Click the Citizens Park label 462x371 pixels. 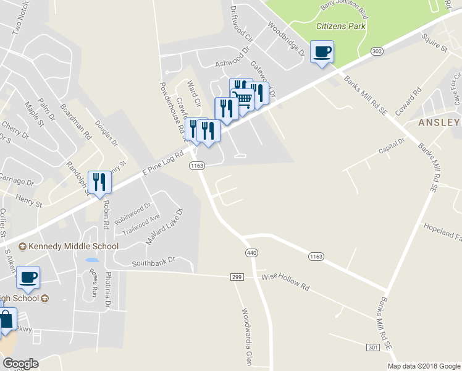pyautogui.click(x=341, y=26)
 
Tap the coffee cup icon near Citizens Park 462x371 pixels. pyautogui.click(x=322, y=51)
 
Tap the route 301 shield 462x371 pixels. pyautogui.click(x=372, y=348)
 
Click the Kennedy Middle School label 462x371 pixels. pyautogui.click(x=69, y=247)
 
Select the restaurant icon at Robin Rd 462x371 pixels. pyautogui.click(x=99, y=182)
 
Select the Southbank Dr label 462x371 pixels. pyautogui.click(x=154, y=263)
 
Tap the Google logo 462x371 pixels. pyautogui.click(x=20, y=363)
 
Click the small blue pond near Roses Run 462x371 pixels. pyautogui.click(x=91, y=261)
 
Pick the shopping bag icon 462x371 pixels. pyautogui.click(x=6, y=320)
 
